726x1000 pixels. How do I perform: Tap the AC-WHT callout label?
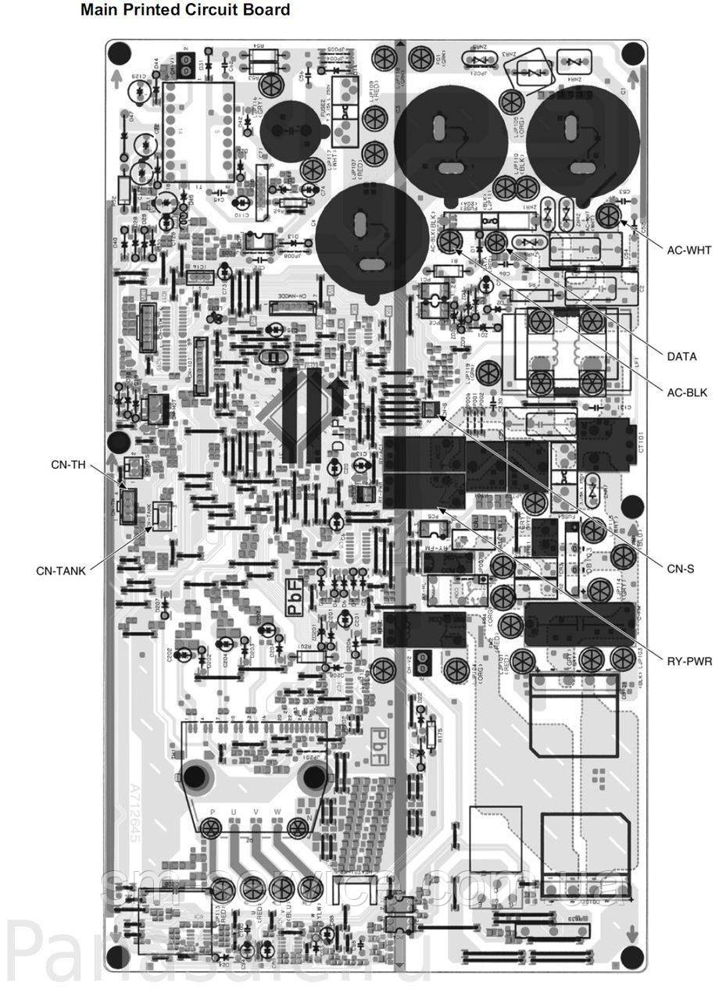[x=688, y=250]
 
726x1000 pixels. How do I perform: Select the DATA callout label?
[x=681, y=357]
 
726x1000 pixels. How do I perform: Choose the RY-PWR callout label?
[x=689, y=662]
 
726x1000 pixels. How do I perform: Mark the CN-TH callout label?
[x=68, y=465]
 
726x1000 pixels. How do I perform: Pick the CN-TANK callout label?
[x=61, y=570]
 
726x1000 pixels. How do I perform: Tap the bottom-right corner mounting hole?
[x=632, y=957]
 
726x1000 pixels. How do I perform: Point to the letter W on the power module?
[x=277, y=812]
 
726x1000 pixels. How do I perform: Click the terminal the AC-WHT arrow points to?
[x=611, y=214]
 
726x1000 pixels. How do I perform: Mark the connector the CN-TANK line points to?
[x=161, y=513]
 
